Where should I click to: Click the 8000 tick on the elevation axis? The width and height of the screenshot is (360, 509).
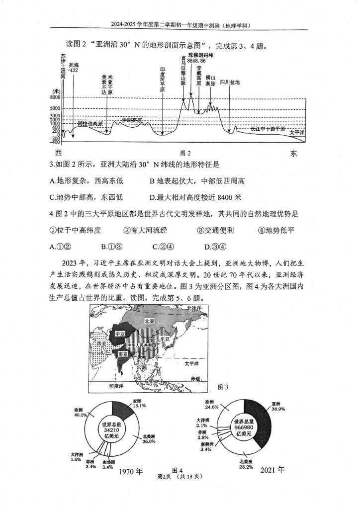(x=55, y=97)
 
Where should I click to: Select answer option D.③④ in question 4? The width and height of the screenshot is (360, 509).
(x=215, y=246)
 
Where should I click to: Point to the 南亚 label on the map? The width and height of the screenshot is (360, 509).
(x=122, y=354)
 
